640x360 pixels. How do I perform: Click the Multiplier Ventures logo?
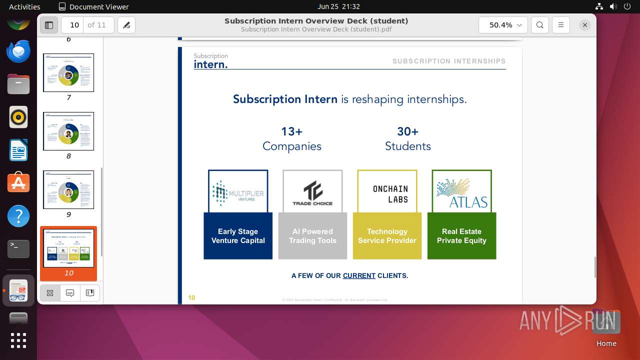238,192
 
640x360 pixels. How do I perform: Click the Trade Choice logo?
312,192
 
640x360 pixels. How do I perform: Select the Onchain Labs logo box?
387,192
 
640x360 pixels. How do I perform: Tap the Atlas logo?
461,192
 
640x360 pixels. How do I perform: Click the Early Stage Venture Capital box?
238,236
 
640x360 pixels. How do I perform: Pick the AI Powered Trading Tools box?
312,236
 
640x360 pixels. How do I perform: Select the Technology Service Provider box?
387,236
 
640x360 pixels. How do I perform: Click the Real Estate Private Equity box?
461,236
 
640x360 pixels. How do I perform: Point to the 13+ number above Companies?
291,131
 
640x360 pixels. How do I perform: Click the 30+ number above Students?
407,131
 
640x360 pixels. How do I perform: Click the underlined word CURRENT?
359,275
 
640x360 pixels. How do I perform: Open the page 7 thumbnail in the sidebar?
68,73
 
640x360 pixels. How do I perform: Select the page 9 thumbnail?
68,190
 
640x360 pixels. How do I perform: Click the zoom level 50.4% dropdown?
503,25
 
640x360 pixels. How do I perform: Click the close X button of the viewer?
584,25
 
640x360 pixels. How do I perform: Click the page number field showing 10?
74,25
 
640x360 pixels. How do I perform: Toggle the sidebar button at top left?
49,25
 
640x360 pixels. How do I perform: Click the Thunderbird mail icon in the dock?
18,51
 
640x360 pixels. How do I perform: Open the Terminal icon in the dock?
18,248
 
